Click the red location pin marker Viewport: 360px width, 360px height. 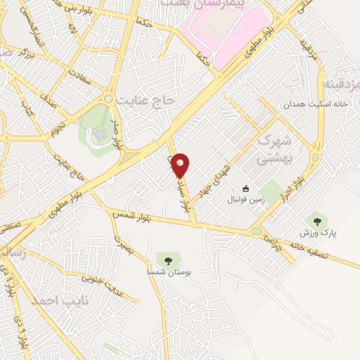click(181, 164)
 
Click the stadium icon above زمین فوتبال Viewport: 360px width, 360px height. click(245, 188)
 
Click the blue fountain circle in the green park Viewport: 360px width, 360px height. click(100, 132)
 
